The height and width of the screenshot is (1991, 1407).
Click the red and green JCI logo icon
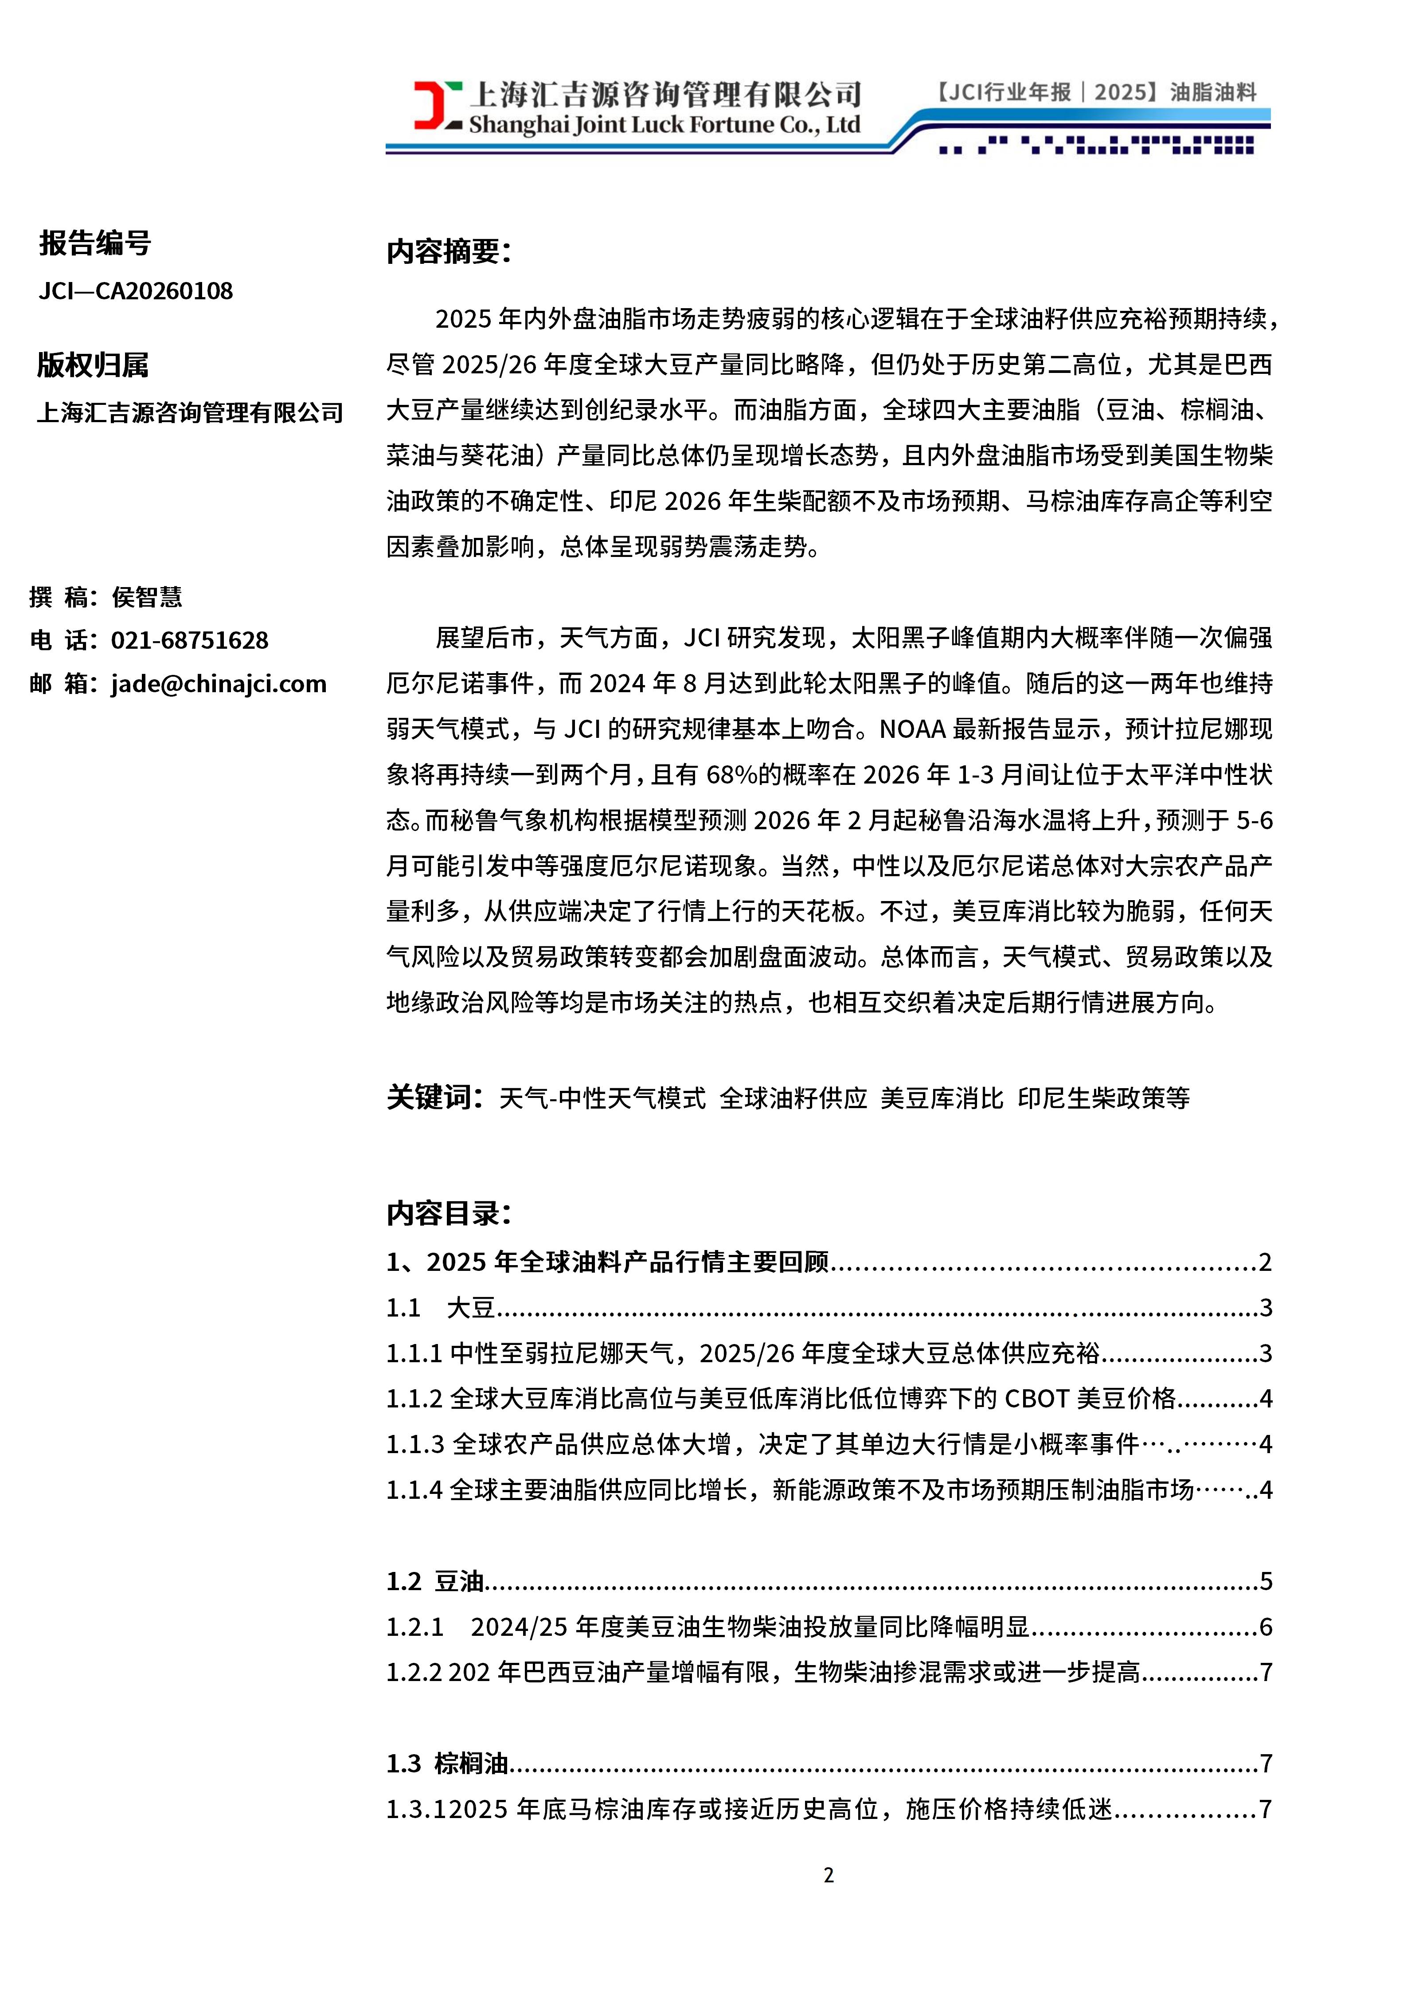point(438,106)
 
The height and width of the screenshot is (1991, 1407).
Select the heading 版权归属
point(93,365)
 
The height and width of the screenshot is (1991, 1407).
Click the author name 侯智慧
point(147,596)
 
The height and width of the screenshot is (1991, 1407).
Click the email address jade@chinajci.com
point(219,684)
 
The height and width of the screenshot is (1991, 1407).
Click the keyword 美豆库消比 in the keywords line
point(942,1099)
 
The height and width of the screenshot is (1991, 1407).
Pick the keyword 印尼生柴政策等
point(1104,1099)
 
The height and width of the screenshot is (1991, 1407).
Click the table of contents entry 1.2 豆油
point(435,1582)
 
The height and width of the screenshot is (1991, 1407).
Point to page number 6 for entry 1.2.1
point(1266,1627)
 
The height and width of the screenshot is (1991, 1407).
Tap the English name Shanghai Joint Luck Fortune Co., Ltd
point(664,125)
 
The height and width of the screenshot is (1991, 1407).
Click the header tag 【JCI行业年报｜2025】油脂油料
point(1094,92)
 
